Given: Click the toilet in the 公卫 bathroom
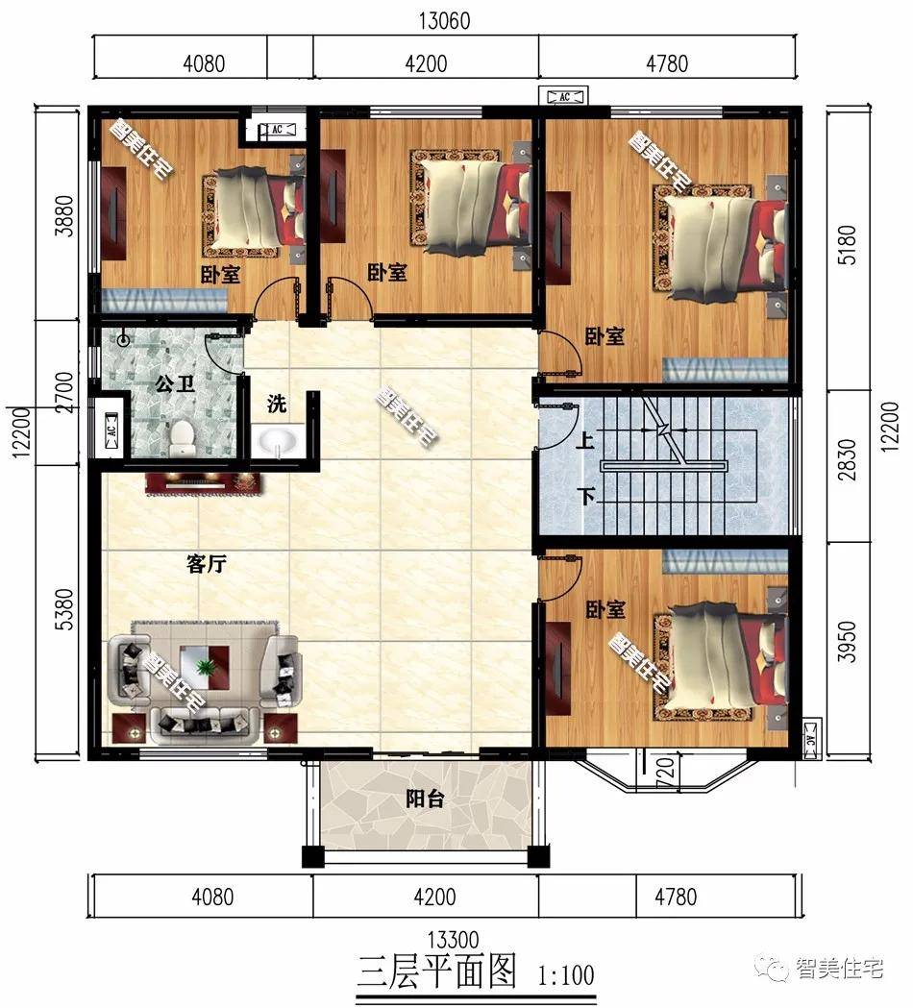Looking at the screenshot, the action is [x=183, y=434].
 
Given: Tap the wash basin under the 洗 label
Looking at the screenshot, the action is [x=278, y=442].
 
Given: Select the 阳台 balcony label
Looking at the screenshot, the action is [x=425, y=799].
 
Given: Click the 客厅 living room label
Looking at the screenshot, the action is [x=207, y=564].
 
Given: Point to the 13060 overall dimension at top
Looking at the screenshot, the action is [x=445, y=20].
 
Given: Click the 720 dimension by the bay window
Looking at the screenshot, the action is [x=666, y=768].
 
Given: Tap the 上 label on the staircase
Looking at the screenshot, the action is [x=584, y=440].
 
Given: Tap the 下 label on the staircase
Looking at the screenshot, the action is [x=585, y=496].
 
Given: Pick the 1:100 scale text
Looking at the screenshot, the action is [x=566, y=976].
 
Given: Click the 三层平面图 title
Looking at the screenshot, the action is [x=437, y=972].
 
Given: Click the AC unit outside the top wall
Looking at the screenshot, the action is [x=564, y=97].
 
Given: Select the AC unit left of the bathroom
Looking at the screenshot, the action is [x=110, y=429].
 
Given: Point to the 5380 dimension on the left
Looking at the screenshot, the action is [x=65, y=609].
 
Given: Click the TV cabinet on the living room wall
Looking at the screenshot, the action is [x=205, y=483].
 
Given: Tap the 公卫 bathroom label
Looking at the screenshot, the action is [x=175, y=385].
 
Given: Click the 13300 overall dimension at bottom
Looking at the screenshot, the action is [x=453, y=940].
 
